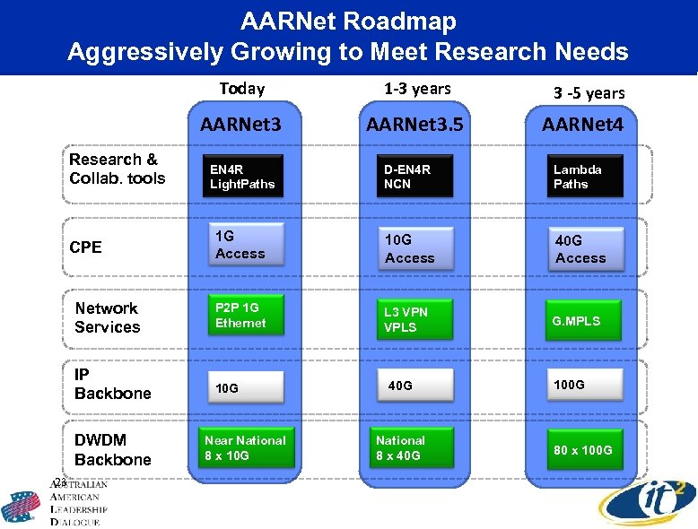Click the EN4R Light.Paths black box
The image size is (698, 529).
point(245,176)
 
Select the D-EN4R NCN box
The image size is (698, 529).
point(414,176)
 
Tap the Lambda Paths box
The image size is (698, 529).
point(585,176)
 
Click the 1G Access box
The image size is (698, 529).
point(245,245)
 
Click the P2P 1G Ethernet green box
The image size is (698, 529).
point(245,315)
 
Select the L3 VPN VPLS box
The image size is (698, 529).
point(414,319)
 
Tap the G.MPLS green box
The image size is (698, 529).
point(585,320)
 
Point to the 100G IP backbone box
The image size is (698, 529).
point(585,384)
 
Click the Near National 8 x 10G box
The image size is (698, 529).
point(245,447)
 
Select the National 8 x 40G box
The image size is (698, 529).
point(414,447)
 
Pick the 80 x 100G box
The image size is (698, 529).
point(585,449)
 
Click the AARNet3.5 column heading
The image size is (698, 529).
point(414,125)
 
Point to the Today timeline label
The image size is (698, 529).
point(242,88)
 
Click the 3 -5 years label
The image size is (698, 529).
point(589,92)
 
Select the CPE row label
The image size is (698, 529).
point(85,247)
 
